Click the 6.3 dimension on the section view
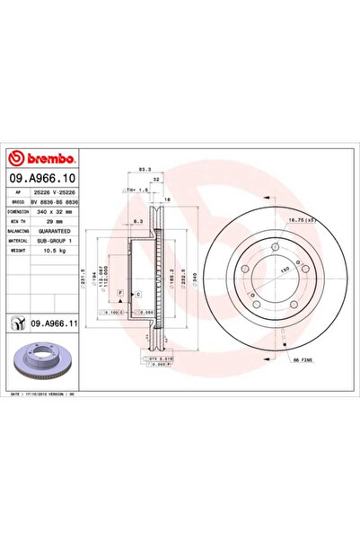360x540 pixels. click(x=136, y=220)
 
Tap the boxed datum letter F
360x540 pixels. click(x=119, y=293)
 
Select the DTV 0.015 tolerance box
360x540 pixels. click(x=155, y=358)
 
